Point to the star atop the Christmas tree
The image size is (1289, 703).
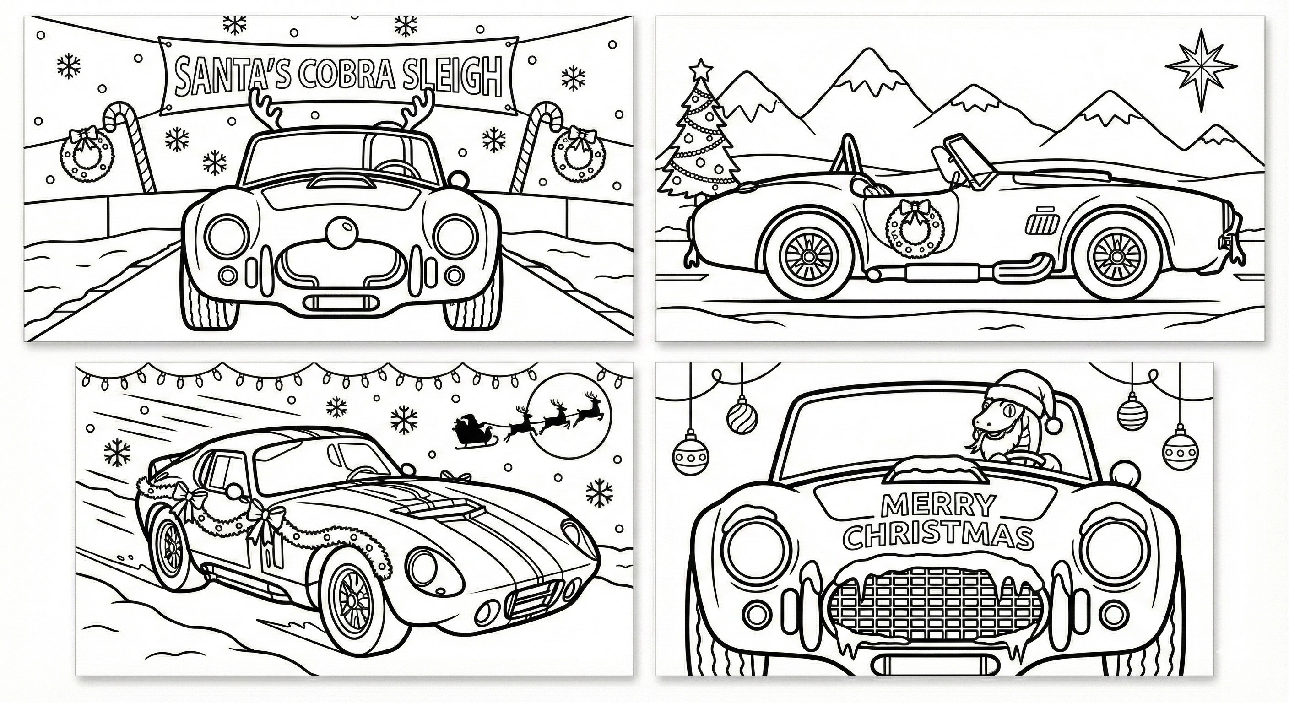[x=702, y=68]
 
